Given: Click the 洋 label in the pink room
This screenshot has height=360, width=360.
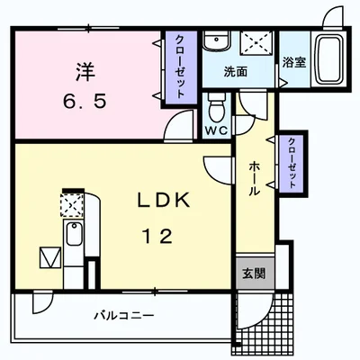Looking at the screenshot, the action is (85, 72).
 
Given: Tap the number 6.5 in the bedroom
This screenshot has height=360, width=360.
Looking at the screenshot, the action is (85, 101).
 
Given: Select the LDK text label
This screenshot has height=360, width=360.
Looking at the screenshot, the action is (164, 201).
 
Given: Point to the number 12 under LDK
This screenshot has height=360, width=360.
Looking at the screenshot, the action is (157, 236).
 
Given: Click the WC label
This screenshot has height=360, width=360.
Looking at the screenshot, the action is (216, 130).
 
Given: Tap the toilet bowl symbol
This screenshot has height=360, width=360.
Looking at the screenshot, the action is (217, 106).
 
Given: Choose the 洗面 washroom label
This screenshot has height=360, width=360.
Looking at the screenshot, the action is (236, 72).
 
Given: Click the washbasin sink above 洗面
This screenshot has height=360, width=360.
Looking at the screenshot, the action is (216, 40).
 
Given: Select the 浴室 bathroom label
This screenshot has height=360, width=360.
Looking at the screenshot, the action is (294, 62).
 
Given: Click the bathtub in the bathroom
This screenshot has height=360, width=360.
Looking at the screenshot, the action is (329, 59).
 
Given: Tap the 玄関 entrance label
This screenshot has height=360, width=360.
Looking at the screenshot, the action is (254, 274).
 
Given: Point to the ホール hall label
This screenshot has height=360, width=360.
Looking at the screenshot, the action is (255, 178).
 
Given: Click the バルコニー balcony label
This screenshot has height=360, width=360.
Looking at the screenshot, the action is (124, 316).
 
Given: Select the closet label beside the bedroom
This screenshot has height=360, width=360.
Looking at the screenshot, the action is (179, 67).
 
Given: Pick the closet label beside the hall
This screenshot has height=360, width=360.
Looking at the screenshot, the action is (292, 163).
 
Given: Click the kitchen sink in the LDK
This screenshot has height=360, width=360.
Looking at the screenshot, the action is (74, 234).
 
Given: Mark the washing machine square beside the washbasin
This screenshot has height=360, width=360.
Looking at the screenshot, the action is (256, 43).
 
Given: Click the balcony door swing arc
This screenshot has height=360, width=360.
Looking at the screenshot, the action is (43, 303).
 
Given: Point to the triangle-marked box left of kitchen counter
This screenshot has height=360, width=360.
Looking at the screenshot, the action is (50, 257).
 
